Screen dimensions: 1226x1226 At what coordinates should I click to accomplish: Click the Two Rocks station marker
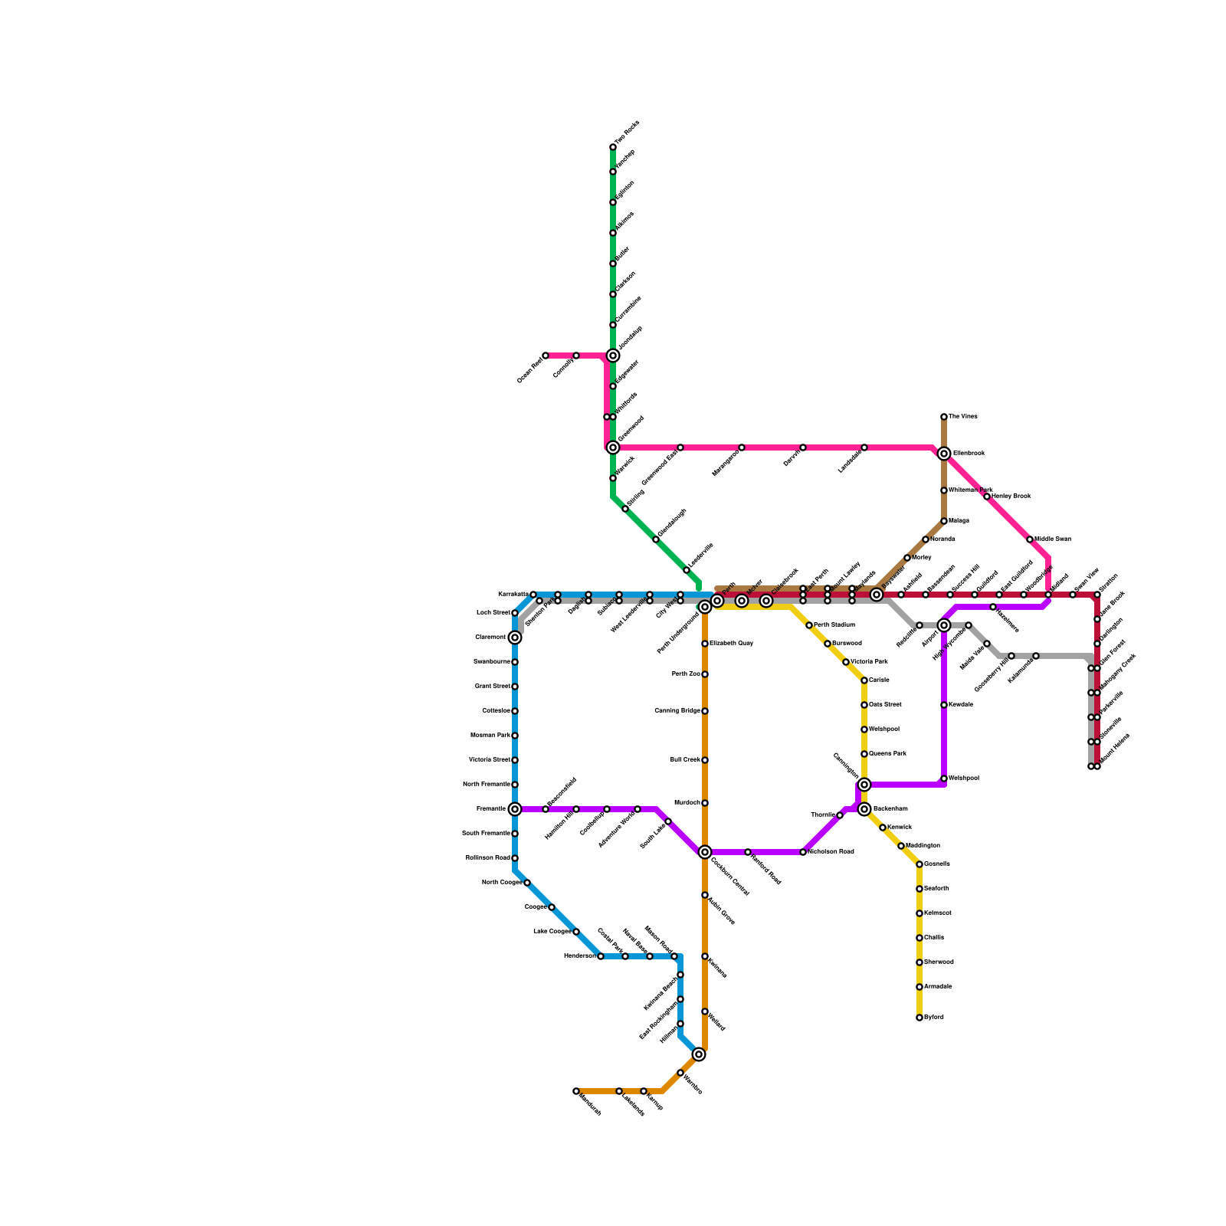[x=613, y=147]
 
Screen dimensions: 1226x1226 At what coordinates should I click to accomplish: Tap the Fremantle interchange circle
[x=515, y=809]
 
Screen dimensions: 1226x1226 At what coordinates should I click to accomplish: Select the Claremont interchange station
[x=515, y=638]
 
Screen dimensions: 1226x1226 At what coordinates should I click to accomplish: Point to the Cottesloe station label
[x=496, y=711]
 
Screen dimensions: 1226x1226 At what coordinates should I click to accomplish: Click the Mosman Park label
[x=490, y=736]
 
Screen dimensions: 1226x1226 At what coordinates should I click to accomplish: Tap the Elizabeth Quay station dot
[x=705, y=644]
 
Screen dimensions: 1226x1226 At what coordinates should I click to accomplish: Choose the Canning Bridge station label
[x=677, y=711]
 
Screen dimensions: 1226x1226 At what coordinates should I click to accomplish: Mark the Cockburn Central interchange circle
[x=705, y=852]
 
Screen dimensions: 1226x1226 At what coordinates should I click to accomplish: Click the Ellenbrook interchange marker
[x=944, y=454]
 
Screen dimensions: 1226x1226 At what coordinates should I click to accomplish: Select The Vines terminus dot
[x=944, y=417]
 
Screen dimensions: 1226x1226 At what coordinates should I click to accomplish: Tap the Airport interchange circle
[x=944, y=625]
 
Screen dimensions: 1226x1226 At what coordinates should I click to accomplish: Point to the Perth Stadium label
[x=834, y=625]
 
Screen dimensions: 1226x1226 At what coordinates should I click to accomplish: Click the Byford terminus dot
[x=919, y=1018]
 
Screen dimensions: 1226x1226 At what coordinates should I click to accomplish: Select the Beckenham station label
[x=890, y=809]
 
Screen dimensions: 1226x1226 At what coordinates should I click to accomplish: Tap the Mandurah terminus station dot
[x=576, y=1091]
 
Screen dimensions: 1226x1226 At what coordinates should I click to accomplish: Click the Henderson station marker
[x=601, y=956]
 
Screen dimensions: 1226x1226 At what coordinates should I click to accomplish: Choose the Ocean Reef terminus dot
[x=546, y=356]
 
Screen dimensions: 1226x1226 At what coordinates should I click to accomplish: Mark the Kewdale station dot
[x=944, y=705]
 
